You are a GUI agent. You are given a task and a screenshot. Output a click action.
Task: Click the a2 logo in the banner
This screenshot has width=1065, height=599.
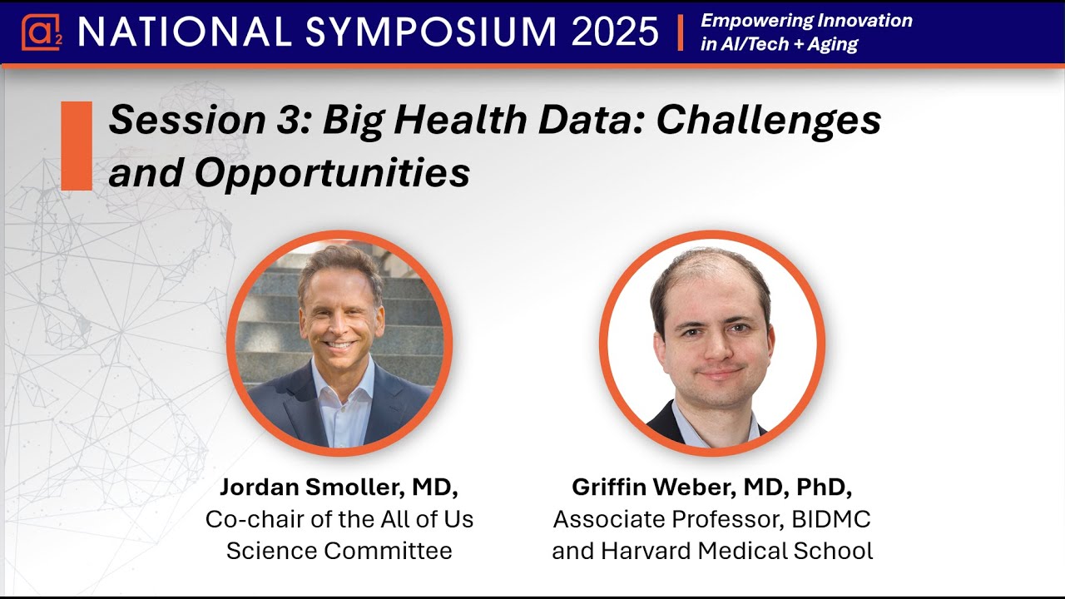click(x=38, y=32)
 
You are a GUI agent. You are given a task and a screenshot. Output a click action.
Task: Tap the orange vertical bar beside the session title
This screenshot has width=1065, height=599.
click(x=77, y=146)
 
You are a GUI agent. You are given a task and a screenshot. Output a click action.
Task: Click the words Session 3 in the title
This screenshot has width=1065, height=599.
click(x=206, y=121)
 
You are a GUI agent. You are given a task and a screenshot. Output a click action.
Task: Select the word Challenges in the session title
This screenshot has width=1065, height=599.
click(x=769, y=121)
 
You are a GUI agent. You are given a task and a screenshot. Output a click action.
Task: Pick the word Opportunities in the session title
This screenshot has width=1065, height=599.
click(x=332, y=173)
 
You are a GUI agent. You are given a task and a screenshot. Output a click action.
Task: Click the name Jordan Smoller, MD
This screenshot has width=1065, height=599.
click(x=339, y=488)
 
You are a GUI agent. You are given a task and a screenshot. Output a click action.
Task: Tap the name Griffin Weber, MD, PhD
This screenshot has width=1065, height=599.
click(x=711, y=488)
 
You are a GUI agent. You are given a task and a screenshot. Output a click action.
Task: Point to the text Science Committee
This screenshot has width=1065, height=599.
click(x=339, y=550)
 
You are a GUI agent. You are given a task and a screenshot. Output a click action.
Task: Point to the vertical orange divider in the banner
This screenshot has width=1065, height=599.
click(x=681, y=32)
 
